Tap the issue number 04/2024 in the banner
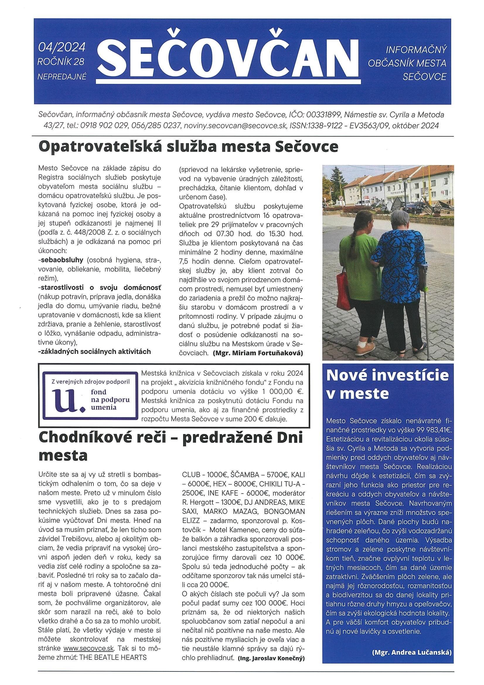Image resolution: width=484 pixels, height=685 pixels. click(x=62, y=47)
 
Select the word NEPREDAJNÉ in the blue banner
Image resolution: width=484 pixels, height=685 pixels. click(x=62, y=77)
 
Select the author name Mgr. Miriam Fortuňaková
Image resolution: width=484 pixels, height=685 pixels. click(x=258, y=353)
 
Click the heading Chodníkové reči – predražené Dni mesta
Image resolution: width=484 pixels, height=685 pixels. click(x=170, y=446)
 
